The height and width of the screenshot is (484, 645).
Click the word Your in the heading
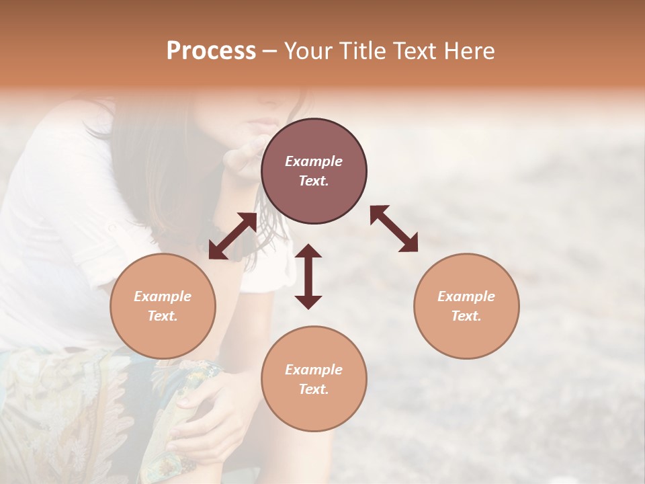(309, 51)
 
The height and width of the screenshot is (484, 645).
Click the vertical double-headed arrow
(308, 276)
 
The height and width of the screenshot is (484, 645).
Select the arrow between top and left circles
(232, 236)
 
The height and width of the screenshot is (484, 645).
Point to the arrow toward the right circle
(394, 229)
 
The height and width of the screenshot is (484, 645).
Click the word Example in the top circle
(314, 161)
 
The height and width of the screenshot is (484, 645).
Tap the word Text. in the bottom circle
(314, 389)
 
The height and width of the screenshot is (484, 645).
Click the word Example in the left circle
(163, 296)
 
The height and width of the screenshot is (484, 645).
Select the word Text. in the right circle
(466, 316)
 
